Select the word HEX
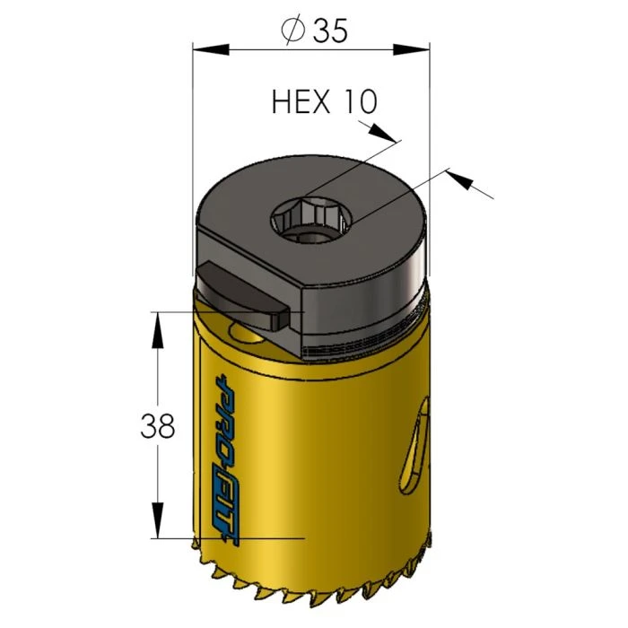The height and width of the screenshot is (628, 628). point(301,101)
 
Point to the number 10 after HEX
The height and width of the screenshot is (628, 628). point(359,101)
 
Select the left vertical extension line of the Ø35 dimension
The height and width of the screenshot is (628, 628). point(193,135)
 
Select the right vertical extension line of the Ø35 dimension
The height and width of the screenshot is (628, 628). point(430,135)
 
